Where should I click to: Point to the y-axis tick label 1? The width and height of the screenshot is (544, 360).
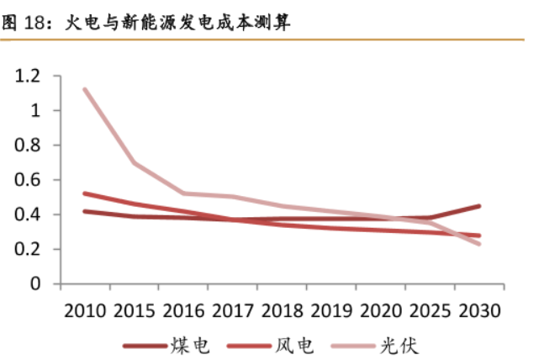(34, 111)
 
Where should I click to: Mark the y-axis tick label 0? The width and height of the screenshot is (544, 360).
(34, 284)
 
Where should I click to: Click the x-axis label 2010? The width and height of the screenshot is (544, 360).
(84, 310)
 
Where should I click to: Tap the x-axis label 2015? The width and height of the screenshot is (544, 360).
(134, 310)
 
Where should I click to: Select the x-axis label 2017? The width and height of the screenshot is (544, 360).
(233, 310)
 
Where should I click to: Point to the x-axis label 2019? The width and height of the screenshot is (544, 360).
(331, 310)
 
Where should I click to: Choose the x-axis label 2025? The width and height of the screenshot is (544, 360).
(430, 310)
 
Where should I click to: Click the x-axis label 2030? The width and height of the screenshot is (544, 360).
(479, 310)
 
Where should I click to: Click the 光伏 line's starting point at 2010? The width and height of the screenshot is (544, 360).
(85, 89)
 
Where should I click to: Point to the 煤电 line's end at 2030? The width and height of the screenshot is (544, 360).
(479, 206)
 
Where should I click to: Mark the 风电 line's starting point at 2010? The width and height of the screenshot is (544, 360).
(85, 193)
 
